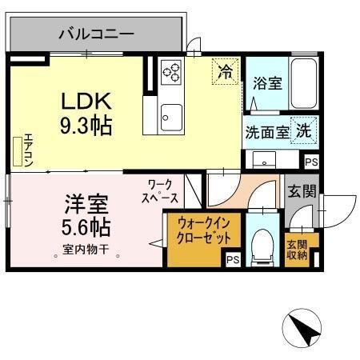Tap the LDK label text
pyautogui.click(x=82, y=102)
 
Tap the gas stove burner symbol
pyautogui.click(x=170, y=73)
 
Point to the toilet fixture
pyautogui.click(x=262, y=246)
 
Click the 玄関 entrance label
pyautogui.click(x=302, y=191)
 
